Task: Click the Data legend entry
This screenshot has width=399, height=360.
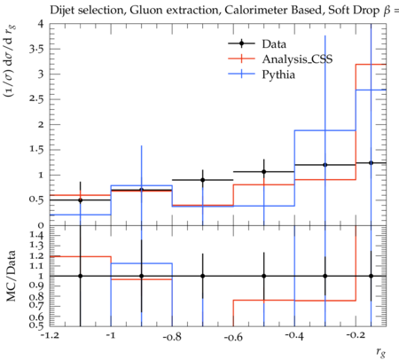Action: (x=274, y=44)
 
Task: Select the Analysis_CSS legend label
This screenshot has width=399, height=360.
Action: (x=297, y=59)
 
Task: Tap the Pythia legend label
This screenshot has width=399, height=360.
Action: (x=278, y=74)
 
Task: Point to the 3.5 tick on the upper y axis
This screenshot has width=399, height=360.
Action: (x=36, y=49)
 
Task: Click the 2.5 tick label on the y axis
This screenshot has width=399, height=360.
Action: (x=36, y=99)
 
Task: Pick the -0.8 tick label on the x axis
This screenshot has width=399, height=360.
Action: (x=172, y=336)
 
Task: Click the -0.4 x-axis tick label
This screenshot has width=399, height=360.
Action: (x=294, y=336)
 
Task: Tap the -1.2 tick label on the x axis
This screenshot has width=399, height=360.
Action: (x=50, y=336)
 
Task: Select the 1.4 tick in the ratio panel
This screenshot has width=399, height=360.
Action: (x=36, y=235)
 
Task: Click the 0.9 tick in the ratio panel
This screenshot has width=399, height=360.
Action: (x=36, y=286)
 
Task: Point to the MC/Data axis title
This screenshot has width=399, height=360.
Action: (x=11, y=276)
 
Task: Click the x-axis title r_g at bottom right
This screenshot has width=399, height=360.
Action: (x=381, y=352)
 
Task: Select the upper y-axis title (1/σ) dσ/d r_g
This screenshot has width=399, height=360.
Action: (x=10, y=61)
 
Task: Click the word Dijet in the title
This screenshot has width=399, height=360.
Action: (x=62, y=11)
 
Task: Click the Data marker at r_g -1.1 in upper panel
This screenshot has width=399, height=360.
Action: (x=80, y=200)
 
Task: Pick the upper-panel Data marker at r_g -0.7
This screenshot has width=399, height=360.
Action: (x=202, y=180)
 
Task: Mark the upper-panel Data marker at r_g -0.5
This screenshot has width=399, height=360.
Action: (x=263, y=172)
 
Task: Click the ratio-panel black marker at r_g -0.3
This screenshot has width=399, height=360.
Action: (x=325, y=276)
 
